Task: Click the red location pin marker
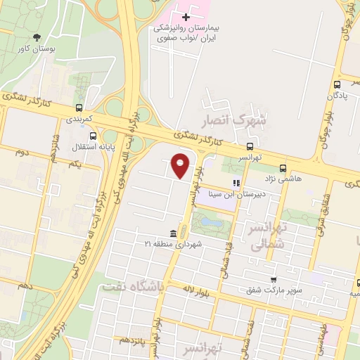coord(181,166)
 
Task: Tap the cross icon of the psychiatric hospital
coord(186,16)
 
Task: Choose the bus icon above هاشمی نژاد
coord(283,168)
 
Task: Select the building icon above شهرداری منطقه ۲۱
coord(173,233)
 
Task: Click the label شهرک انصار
coord(235,121)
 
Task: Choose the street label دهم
coord(26,287)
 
